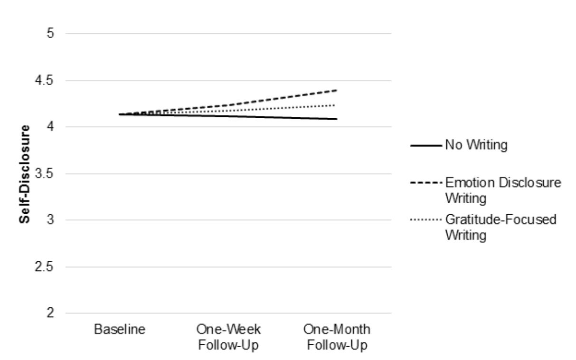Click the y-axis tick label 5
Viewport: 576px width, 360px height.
[x=49, y=34]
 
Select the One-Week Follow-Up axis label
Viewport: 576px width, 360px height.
[x=228, y=336]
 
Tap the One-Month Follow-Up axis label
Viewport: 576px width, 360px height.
[x=337, y=336]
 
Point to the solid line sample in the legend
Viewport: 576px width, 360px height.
[x=426, y=145]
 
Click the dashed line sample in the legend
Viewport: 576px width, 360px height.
[x=426, y=183]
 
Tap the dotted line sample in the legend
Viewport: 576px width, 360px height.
[x=426, y=221]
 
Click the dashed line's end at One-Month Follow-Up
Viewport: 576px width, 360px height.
[x=337, y=90]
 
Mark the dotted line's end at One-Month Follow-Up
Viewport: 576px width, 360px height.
[x=337, y=105]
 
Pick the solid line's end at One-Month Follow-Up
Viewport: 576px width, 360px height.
[x=337, y=119]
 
